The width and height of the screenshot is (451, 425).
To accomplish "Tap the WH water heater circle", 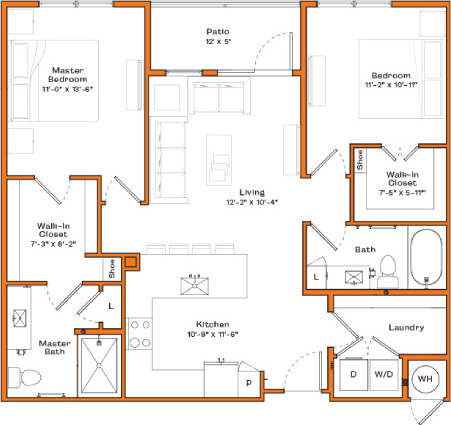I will tap(424, 378).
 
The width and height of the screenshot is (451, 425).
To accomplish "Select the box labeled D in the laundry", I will tap(352, 375).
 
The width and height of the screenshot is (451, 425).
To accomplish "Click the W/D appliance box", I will tap(385, 375).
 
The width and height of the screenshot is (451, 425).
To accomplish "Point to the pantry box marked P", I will tap(248, 382).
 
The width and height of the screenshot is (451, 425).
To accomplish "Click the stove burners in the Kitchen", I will tap(139, 337).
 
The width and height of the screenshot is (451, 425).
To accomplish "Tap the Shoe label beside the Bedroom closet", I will tap(359, 161).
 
